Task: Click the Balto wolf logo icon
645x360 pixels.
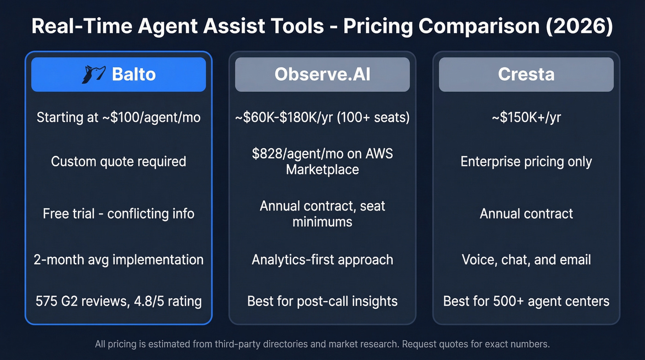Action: click(94, 75)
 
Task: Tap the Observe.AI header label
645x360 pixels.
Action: click(322, 75)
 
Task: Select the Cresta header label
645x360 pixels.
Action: click(526, 75)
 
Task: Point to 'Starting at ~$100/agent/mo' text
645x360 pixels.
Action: click(118, 118)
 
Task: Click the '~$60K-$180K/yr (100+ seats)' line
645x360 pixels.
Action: click(322, 118)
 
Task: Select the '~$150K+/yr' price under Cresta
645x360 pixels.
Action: click(526, 118)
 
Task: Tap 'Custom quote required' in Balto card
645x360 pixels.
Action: click(118, 161)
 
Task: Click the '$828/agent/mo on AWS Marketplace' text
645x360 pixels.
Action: click(322, 161)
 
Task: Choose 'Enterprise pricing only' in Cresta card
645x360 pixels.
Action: click(526, 161)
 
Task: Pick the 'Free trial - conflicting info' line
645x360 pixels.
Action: click(118, 213)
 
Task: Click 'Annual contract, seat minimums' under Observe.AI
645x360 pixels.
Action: click(322, 213)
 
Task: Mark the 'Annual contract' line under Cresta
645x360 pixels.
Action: click(526, 213)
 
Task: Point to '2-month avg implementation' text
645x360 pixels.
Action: click(118, 260)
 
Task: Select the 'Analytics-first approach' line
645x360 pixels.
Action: click(322, 260)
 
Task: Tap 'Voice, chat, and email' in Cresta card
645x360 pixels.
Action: click(526, 260)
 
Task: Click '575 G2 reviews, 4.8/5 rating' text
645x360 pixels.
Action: click(118, 301)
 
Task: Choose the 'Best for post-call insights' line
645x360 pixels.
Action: click(322, 301)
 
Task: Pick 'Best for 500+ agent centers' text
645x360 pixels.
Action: click(526, 301)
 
